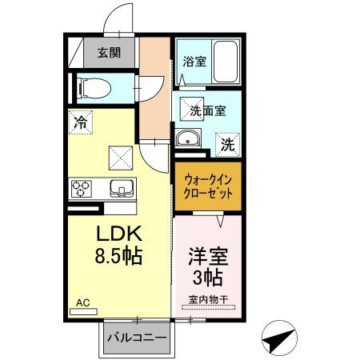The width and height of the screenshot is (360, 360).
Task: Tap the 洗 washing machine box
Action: click(228, 145)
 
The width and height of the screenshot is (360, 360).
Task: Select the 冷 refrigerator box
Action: click(80, 122)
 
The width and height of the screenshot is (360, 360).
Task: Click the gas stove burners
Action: click(82, 189)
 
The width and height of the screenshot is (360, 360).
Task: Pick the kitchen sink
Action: click(122, 189)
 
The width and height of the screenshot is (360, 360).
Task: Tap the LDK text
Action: click(119, 236)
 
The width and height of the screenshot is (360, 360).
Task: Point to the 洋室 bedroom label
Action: click(207, 257)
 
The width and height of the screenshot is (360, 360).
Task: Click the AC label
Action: click(83, 302)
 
